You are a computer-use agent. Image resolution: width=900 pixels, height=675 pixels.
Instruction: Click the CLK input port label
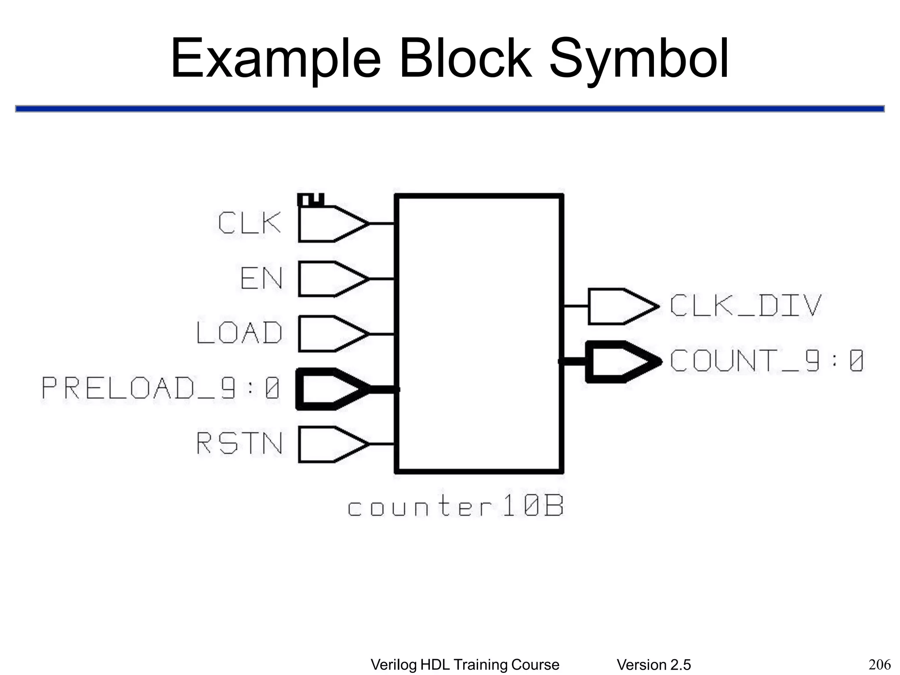click(x=249, y=223)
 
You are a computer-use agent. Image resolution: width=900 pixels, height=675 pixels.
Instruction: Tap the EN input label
click(x=261, y=278)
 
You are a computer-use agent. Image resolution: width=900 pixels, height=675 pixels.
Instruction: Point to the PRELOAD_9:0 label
click(x=161, y=388)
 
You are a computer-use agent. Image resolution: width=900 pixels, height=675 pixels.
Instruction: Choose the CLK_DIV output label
click(x=745, y=305)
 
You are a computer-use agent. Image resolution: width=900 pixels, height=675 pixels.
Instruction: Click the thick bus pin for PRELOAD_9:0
click(x=330, y=389)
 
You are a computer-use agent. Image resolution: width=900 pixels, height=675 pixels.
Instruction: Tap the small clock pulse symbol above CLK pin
click(x=311, y=200)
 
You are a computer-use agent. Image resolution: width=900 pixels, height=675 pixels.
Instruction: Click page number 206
click(x=879, y=664)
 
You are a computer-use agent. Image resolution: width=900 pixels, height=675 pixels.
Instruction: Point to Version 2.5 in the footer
click(x=653, y=665)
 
